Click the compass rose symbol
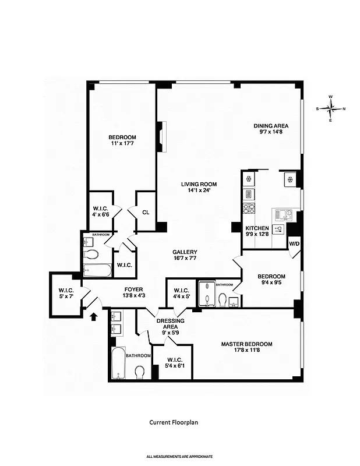[x=330, y=108]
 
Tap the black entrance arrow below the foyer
[x=94, y=316]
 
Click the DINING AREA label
[x=270, y=126]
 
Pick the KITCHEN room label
[x=257, y=228]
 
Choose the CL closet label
[x=146, y=213]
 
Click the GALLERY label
[x=185, y=252]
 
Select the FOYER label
[x=133, y=290]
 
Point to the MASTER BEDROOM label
[x=246, y=344]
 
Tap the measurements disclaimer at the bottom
[x=179, y=456]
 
